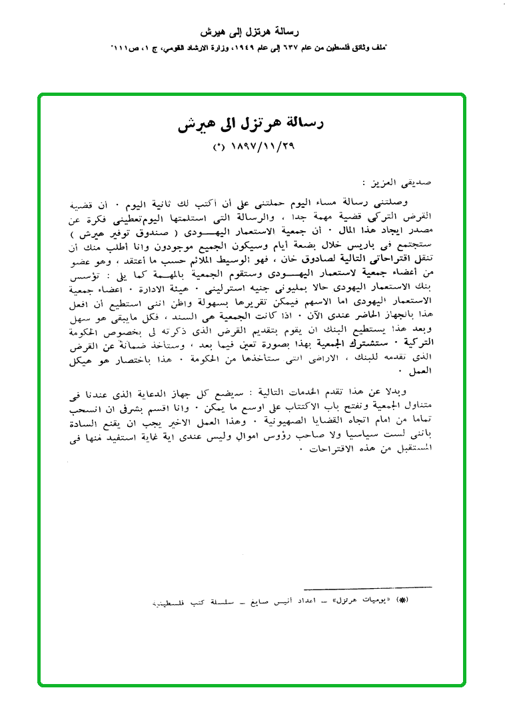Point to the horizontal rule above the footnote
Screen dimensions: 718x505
click(x=367, y=587)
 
